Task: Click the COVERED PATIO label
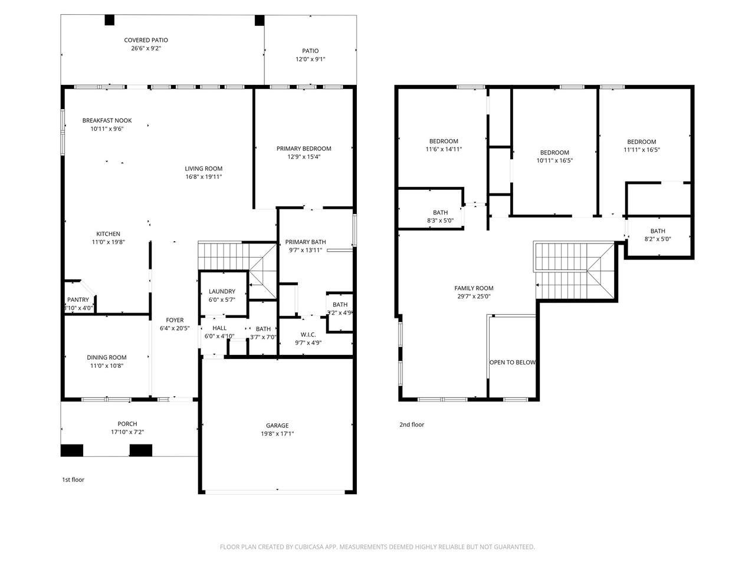click(x=146, y=40)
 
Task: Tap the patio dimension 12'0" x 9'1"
click(x=310, y=59)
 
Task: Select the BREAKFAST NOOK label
click(x=107, y=121)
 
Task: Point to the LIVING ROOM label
click(x=203, y=169)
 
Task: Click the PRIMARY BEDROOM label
click(x=304, y=149)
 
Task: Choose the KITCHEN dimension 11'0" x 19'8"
click(x=109, y=242)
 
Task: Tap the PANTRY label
click(x=78, y=300)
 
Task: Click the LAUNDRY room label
click(x=222, y=291)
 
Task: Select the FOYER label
click(x=175, y=320)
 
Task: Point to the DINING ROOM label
click(x=107, y=357)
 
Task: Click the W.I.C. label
click(x=308, y=334)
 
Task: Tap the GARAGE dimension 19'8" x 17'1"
click(x=277, y=434)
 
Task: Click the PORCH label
click(x=127, y=424)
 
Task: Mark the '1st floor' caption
click(x=73, y=479)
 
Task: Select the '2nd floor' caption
click(x=412, y=424)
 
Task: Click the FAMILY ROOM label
click(x=474, y=288)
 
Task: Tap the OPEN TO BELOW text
click(x=513, y=362)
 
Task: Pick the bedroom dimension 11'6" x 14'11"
click(x=444, y=149)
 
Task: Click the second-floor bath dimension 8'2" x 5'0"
click(x=658, y=239)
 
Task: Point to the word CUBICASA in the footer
click(x=308, y=547)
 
